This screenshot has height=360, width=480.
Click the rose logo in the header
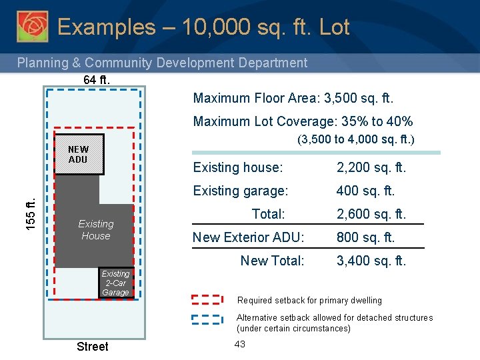[x=32, y=27]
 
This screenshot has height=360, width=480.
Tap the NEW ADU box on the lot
[x=79, y=155]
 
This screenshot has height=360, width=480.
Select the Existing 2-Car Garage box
[x=115, y=283]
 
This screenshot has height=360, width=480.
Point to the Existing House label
[x=95, y=230]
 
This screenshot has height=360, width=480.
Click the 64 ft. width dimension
[x=97, y=80]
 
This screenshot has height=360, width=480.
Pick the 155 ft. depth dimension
[x=31, y=212]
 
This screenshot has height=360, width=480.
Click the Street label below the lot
[x=92, y=346]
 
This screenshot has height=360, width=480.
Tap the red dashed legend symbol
[x=207, y=300]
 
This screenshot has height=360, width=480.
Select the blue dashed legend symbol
[x=207, y=318]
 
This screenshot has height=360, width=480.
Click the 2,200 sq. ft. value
[x=371, y=167]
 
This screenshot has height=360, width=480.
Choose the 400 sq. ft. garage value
[x=365, y=191]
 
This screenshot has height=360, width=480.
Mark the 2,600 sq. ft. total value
[x=371, y=214]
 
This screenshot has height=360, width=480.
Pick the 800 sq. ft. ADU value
[x=365, y=237]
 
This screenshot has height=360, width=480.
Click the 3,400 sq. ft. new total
[x=371, y=261]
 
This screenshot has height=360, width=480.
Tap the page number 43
[x=240, y=343]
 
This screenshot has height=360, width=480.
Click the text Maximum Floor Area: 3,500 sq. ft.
[x=293, y=99]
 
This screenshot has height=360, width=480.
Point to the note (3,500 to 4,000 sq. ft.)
[x=355, y=140]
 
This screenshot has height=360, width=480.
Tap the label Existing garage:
[x=240, y=191]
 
